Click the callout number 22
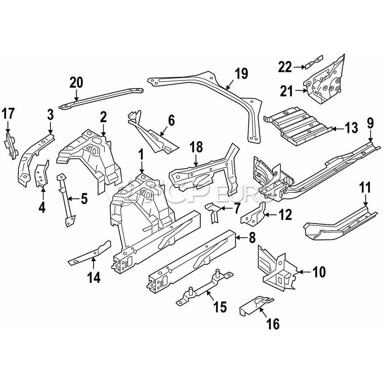285,67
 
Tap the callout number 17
8,114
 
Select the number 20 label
76,83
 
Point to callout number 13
351,128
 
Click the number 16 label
273,324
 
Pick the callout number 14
94,277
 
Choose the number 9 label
370,123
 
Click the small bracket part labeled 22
314,62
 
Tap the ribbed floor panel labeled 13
298,126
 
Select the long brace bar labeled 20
101,98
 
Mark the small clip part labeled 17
11,146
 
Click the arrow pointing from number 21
301,91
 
